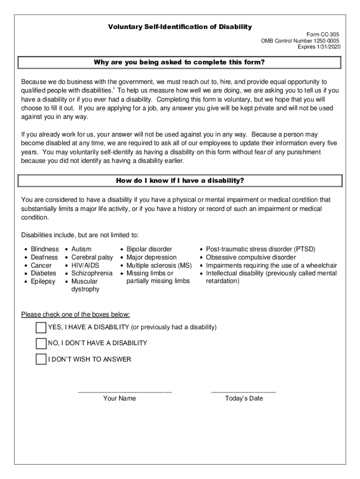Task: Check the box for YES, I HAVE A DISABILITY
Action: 41,327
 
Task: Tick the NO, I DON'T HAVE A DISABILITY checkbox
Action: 41,343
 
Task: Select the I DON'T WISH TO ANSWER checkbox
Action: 41,359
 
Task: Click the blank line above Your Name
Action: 124,391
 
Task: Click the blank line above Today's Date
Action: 244,391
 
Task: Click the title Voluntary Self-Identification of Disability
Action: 180,27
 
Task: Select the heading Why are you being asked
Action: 180,62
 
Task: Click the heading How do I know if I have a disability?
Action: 180,181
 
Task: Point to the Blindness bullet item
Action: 44,249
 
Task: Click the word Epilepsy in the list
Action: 43,281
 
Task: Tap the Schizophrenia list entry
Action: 92,273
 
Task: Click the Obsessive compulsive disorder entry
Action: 251,257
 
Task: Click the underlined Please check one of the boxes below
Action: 76,314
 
